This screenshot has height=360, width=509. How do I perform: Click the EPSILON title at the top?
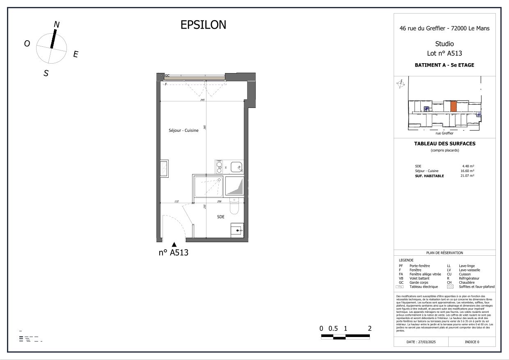pos(203,25)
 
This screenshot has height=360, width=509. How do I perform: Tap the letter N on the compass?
pos(57,25)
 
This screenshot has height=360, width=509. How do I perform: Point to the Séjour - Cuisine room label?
pos(183,131)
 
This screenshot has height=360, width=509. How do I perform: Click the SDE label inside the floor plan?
pos(221,217)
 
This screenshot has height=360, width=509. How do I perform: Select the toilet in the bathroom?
pos(234,207)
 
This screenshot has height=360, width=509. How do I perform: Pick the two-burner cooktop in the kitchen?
pos(220,167)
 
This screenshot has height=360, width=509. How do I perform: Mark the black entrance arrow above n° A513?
pos(174,245)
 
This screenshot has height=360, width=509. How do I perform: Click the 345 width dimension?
pos(202,100)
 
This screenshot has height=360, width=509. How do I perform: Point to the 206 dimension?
pos(219,202)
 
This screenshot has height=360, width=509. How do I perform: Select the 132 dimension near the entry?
pos(177,202)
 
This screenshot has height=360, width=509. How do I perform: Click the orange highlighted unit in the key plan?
pos(453,107)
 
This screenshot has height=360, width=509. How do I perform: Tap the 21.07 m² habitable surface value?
pos(467,176)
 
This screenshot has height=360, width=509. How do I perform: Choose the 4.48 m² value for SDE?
pos(468,166)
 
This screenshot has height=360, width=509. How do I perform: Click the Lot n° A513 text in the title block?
pos(445,53)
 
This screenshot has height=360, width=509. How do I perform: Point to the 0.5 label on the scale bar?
pos(333,328)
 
